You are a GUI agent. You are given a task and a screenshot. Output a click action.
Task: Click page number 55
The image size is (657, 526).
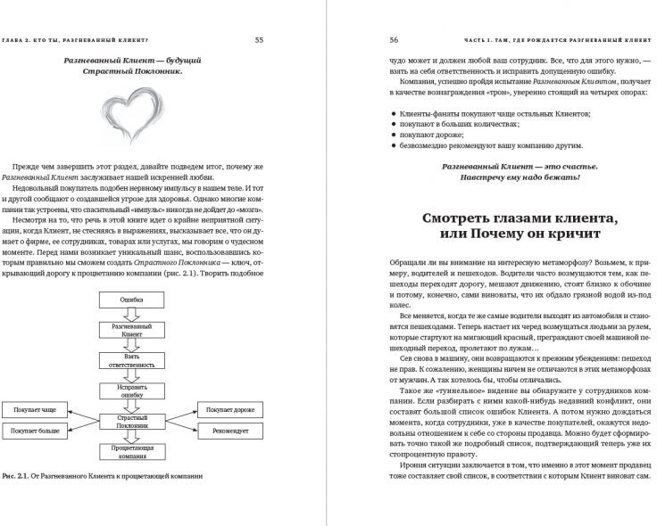[259, 39]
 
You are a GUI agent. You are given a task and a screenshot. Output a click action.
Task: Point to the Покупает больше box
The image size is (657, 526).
[35, 431]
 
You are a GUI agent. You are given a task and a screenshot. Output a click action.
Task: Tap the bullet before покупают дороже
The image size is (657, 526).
[395, 138]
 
